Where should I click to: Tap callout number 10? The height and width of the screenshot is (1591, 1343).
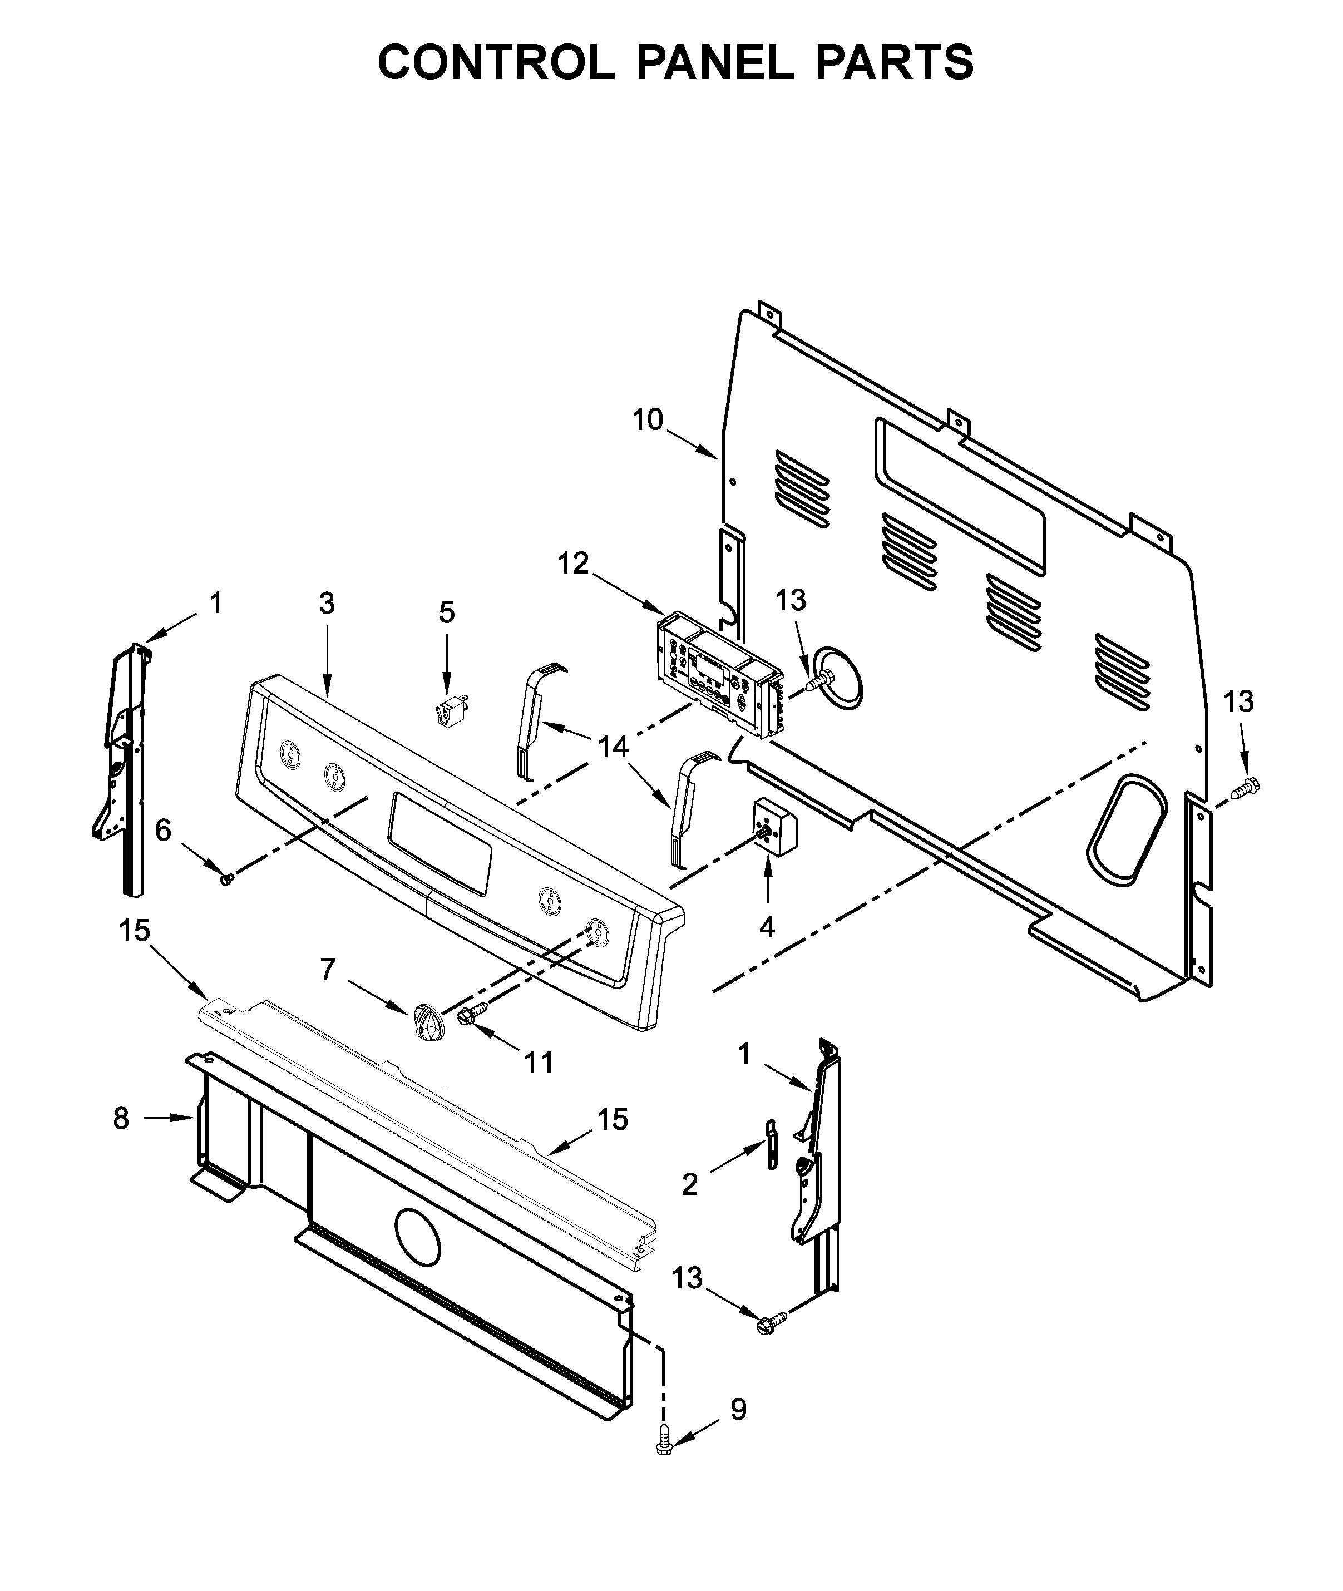click(x=648, y=420)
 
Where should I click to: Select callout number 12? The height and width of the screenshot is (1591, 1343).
click(x=573, y=564)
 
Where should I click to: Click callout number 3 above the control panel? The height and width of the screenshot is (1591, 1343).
click(x=327, y=604)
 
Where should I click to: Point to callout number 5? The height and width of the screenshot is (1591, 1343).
click(x=447, y=612)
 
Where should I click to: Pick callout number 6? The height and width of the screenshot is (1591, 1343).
click(x=163, y=831)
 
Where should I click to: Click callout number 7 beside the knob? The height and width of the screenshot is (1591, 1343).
click(x=327, y=969)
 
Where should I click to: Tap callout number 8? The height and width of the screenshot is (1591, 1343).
click(x=121, y=1118)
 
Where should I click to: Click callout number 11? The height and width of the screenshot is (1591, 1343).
click(x=539, y=1062)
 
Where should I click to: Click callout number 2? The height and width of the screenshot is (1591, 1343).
click(x=690, y=1184)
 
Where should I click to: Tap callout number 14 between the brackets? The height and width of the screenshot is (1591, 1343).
click(x=613, y=748)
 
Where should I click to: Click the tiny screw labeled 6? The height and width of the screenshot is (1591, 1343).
click(x=225, y=880)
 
